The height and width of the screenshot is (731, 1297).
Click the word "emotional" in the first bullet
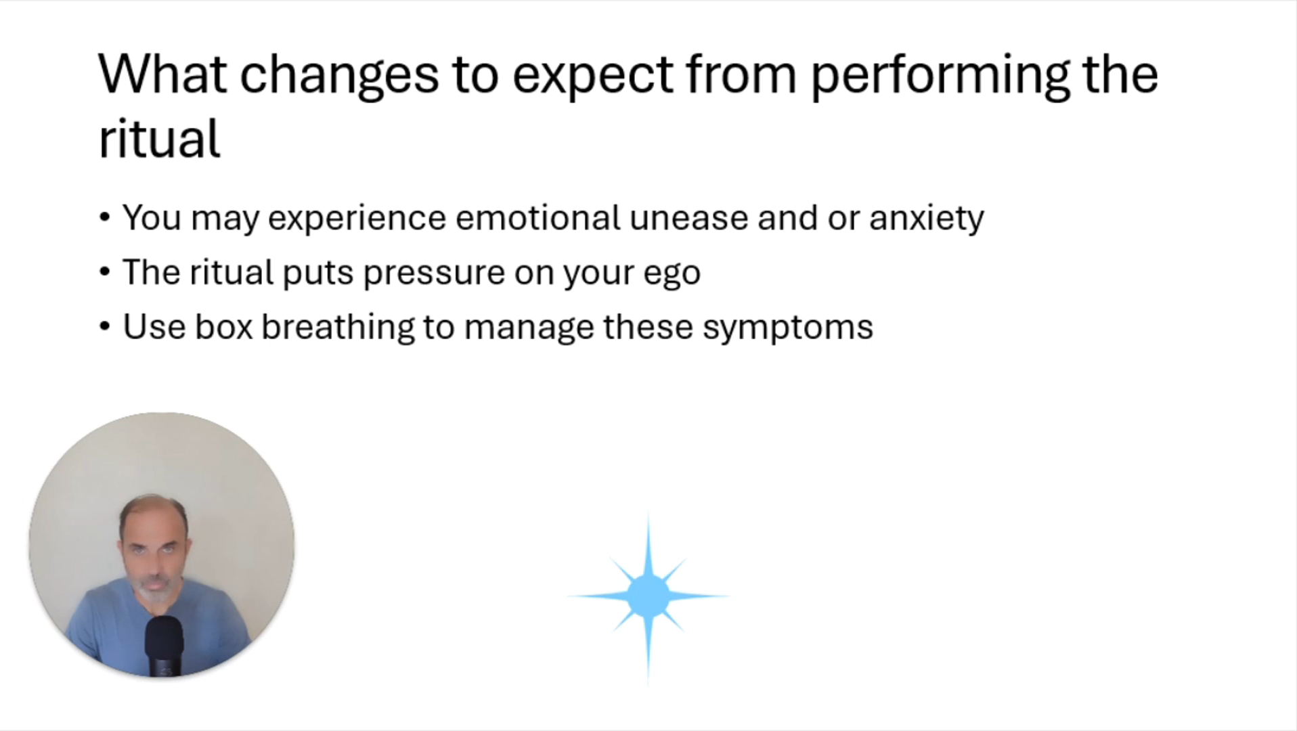pos(537,218)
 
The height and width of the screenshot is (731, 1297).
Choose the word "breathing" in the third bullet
pos(338,328)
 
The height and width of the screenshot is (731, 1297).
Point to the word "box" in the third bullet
pos(223,327)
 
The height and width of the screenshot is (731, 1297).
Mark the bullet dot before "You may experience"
pos(104,218)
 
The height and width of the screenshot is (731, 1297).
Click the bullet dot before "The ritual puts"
pos(104,272)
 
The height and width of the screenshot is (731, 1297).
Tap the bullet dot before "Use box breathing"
pos(104,327)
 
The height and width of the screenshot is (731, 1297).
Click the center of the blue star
pos(648,596)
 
